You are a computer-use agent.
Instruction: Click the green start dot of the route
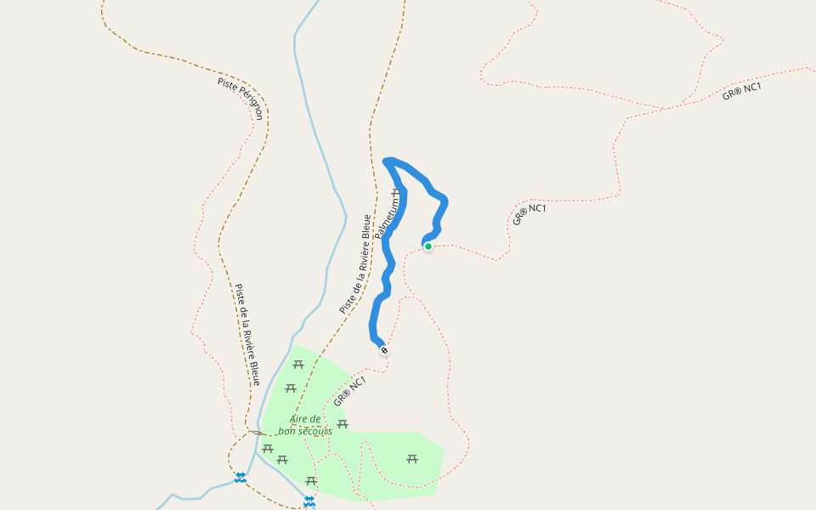(x=428, y=246)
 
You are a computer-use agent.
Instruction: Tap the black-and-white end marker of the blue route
(x=384, y=350)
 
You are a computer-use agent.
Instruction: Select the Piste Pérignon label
(x=240, y=99)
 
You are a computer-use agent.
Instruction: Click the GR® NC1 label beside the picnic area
(x=349, y=391)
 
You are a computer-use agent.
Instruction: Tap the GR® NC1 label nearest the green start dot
(x=529, y=213)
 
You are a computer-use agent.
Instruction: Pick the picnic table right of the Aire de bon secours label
(x=343, y=423)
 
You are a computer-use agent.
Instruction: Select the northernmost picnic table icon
(x=298, y=365)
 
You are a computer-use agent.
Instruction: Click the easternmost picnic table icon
(x=412, y=459)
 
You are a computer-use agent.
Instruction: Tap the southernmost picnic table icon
(x=311, y=481)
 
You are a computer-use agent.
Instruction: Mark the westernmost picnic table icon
(x=268, y=448)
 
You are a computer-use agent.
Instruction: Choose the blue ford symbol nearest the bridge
(x=241, y=478)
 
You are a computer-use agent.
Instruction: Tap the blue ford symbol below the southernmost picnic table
(x=309, y=501)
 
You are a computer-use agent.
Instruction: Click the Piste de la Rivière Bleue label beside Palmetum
(x=355, y=263)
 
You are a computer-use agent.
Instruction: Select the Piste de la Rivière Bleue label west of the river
(x=246, y=334)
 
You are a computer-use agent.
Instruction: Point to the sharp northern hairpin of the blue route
(x=388, y=161)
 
